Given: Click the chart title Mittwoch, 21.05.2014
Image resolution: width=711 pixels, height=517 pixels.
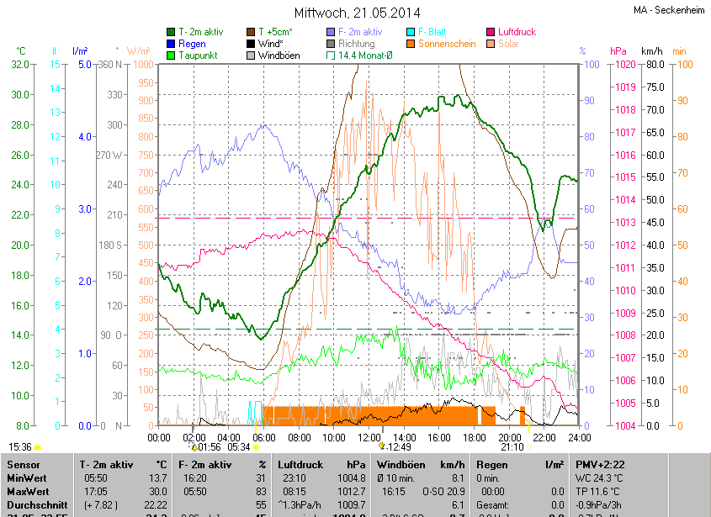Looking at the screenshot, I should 358,13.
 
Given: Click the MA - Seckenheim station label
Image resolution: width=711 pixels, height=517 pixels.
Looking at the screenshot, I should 670,10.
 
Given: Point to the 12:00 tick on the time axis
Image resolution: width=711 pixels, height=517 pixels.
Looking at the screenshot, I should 369,437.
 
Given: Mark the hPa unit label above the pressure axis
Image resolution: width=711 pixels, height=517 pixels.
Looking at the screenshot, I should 618,51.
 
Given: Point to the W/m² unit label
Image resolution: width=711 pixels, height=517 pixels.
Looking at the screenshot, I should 139,51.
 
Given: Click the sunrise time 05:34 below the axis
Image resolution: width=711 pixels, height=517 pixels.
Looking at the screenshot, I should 239,447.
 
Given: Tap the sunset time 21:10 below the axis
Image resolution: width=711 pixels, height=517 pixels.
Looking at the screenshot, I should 511,447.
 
